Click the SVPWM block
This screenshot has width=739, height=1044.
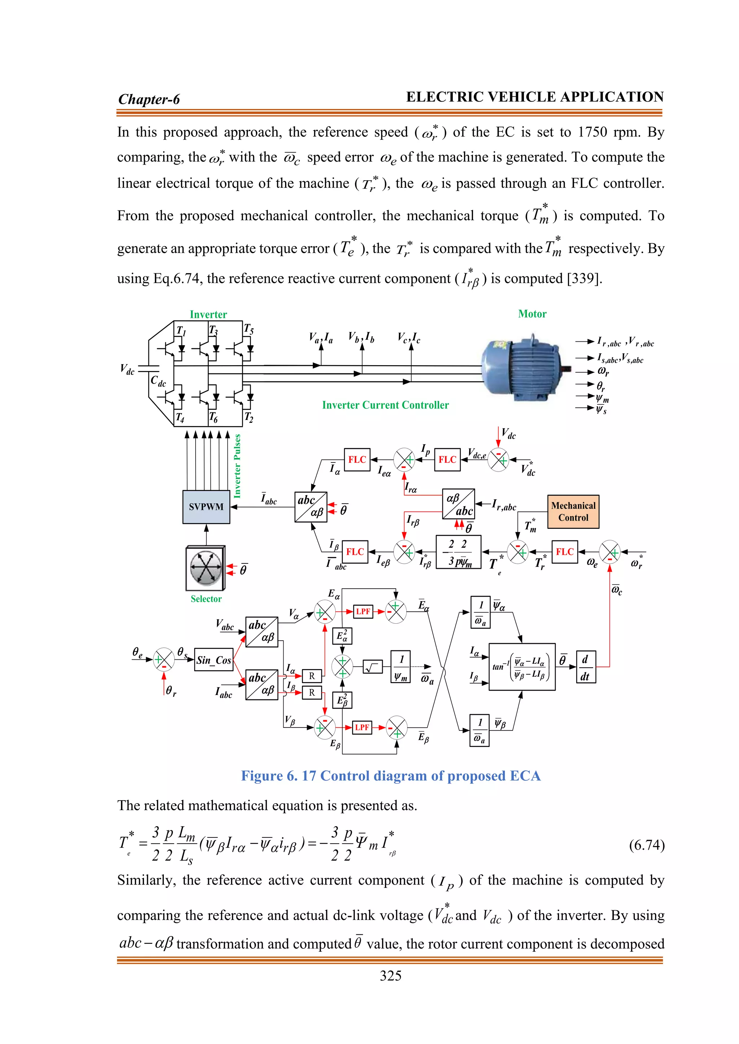[x=206, y=506]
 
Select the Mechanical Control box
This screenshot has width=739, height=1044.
[x=573, y=512]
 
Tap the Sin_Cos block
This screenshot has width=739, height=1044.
[x=213, y=660]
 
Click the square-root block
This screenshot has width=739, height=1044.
[x=373, y=667]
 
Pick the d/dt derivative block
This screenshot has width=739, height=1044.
[x=585, y=667]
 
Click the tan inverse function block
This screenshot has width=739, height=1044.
[x=522, y=667]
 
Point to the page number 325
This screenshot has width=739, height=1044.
[x=390, y=976]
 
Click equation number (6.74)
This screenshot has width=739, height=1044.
[x=647, y=845]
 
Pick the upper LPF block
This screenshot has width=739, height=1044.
[x=363, y=611]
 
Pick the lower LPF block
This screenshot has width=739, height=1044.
[x=362, y=727]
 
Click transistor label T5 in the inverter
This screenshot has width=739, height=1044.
[x=249, y=329]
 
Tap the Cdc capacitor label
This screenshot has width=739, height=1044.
[x=158, y=381]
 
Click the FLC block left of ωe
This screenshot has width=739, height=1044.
[x=564, y=552]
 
